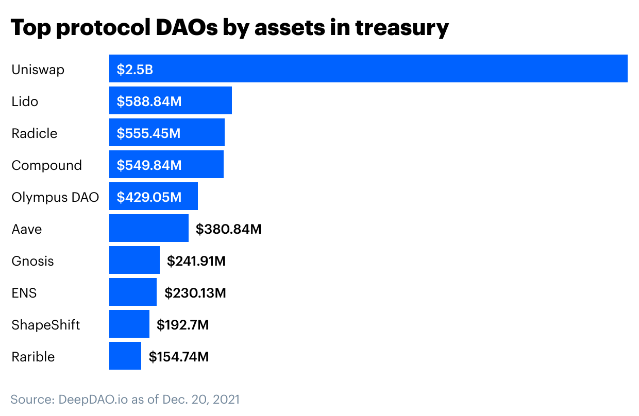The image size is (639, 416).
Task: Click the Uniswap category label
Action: click(x=38, y=70)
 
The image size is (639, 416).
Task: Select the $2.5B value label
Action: click(x=135, y=70)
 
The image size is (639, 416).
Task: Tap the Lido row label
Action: click(x=25, y=101)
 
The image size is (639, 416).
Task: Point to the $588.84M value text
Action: click(x=149, y=101)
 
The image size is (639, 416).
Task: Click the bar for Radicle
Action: click(x=166, y=133)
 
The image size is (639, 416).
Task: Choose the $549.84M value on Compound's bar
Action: click(x=149, y=165)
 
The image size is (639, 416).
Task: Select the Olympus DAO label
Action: click(x=55, y=197)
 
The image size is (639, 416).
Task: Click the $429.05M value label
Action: click(x=149, y=197)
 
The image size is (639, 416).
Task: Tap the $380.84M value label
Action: click(x=228, y=229)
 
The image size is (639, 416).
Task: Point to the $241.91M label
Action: click(x=196, y=261)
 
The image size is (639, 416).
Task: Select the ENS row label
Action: click(x=24, y=293)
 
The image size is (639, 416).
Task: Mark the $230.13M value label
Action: click(x=195, y=293)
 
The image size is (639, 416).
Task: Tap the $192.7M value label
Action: click(x=182, y=325)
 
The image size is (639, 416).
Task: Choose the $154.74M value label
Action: click(x=179, y=357)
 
